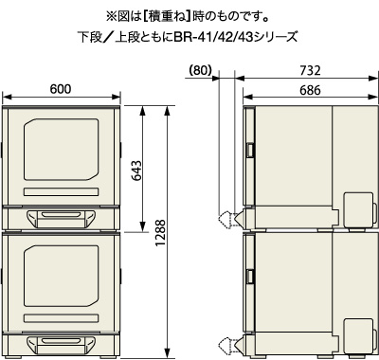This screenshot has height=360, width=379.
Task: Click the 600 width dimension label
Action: (x=61, y=89)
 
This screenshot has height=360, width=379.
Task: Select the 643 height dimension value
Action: (x=136, y=171)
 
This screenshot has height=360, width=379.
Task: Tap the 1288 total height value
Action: (x=160, y=233)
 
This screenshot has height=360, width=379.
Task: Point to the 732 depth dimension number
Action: (x=310, y=70)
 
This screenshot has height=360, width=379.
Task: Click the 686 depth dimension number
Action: (x=310, y=90)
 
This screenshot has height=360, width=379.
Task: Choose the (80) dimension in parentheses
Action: (x=200, y=70)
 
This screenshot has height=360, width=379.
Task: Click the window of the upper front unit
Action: (x=61, y=150)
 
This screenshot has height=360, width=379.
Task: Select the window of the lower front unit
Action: (x=61, y=276)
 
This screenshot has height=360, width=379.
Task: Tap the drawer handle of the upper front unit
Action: (x=61, y=218)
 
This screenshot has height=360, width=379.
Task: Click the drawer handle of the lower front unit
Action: (x=61, y=345)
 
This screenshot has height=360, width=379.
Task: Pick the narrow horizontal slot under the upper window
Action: (x=61, y=191)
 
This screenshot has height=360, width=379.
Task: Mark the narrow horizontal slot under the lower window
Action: (x=61, y=318)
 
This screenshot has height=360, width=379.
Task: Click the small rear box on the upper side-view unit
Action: (x=358, y=210)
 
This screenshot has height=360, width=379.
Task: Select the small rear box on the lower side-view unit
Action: (x=358, y=336)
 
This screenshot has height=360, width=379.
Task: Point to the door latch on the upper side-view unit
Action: (x=250, y=150)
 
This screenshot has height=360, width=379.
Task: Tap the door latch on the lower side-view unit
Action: (x=250, y=277)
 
